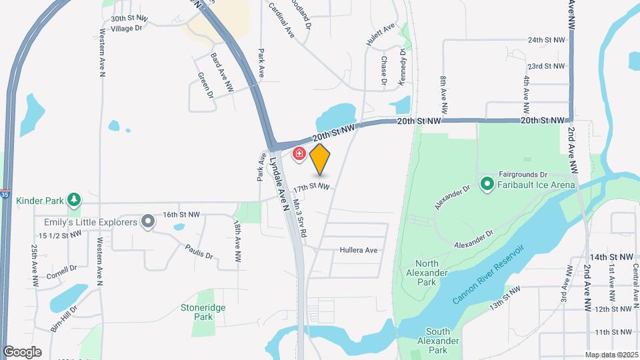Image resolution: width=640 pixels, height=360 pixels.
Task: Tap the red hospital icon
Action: pos(299,155)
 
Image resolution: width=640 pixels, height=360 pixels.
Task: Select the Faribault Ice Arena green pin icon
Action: pos(487,183)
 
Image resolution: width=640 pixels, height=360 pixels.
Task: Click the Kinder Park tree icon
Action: pos(74,199)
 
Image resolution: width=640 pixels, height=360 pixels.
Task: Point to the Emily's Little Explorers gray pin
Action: pos(148,222)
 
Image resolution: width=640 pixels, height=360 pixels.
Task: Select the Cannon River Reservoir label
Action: pos(488,274)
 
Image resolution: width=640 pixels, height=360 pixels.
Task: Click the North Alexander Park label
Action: pos(427,268)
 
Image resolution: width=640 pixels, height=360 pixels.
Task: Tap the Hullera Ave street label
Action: pos(358,251)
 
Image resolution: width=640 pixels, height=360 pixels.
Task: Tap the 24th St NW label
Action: pos(546,40)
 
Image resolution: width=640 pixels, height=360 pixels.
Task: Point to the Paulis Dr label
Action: pos(199,252)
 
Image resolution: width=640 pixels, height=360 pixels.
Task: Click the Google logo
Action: pos(22,352)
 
